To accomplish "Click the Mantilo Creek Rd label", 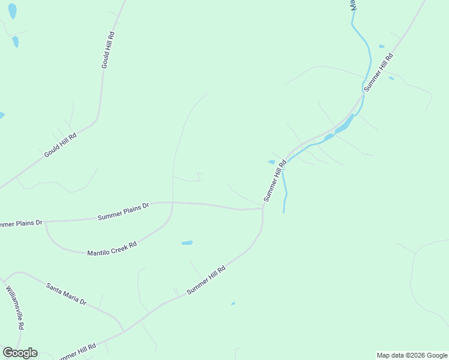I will (x=112, y=248).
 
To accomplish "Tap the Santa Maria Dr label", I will (x=66, y=293).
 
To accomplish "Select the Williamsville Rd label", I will (x=15, y=307).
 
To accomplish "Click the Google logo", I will (x=20, y=353).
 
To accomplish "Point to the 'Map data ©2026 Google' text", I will (x=412, y=355).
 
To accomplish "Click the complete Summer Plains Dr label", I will (x=123, y=211).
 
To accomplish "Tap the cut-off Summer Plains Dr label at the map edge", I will (x=20, y=224).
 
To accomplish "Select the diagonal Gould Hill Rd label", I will (x=61, y=145).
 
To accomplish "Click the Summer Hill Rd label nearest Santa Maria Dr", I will (x=205, y=280).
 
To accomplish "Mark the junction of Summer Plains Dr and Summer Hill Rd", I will (x=262, y=208).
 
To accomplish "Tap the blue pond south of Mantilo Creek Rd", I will (x=187, y=243).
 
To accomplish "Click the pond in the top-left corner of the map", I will (x=12, y=10).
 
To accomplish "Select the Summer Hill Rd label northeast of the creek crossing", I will (x=378, y=72).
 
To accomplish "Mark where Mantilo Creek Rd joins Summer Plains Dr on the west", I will (x=46, y=223).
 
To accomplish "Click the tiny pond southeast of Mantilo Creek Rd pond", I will (x=233, y=304).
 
